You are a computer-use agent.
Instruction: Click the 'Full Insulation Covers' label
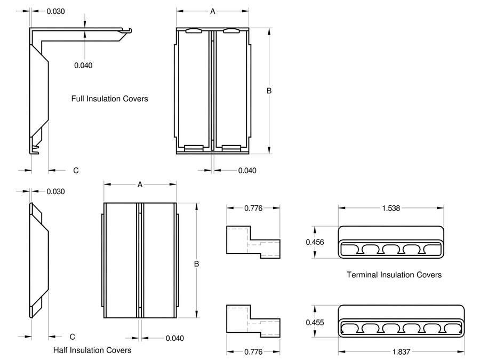click(x=109, y=99)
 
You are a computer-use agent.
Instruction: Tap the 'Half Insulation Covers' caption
click(x=92, y=350)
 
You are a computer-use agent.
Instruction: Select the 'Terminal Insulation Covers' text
click(x=394, y=275)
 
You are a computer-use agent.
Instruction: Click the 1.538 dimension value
click(x=391, y=208)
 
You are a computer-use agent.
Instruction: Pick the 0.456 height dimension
click(x=314, y=242)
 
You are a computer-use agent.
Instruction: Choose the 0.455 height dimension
click(x=314, y=322)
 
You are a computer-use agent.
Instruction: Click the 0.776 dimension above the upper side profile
click(x=253, y=208)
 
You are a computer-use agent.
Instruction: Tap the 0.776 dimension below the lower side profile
click(x=253, y=351)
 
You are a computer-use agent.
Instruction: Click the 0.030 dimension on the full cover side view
click(x=55, y=11)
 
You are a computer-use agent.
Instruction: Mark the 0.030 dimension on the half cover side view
click(x=55, y=191)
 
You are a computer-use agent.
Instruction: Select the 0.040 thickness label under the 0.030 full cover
click(x=83, y=65)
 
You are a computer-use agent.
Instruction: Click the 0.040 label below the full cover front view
click(x=247, y=171)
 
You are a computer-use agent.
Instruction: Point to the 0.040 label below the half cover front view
click(x=174, y=338)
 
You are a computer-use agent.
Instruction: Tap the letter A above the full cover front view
click(x=212, y=11)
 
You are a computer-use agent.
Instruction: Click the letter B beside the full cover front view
click(x=269, y=91)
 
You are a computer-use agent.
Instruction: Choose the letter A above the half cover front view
click(x=140, y=185)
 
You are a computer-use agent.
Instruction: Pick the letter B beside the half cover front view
click(x=197, y=263)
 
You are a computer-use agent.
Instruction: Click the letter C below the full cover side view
click(x=76, y=171)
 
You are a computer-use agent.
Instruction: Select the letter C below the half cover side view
click(x=72, y=337)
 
